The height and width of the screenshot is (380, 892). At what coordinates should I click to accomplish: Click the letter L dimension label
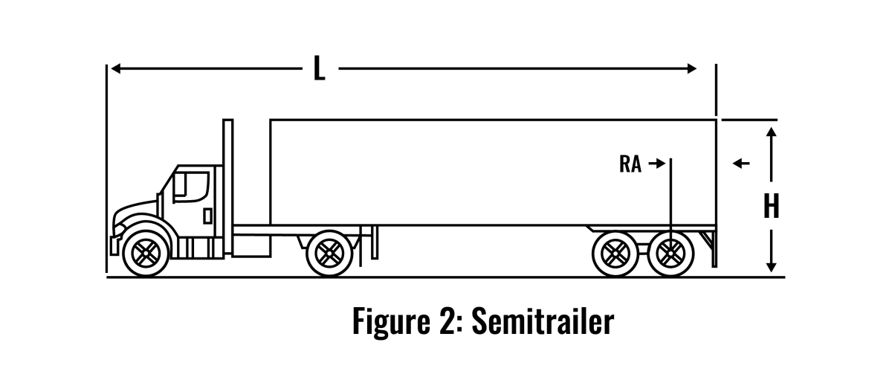[x=318, y=69]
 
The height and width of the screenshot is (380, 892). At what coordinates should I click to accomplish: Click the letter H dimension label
[x=772, y=207]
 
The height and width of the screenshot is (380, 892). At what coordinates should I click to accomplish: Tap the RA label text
[x=630, y=164]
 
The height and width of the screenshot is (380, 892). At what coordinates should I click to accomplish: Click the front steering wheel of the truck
[x=146, y=253]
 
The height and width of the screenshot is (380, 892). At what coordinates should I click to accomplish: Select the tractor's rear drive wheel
[x=328, y=253]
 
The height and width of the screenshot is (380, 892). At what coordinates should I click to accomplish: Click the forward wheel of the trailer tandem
[x=614, y=253]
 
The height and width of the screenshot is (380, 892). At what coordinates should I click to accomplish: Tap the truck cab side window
[x=190, y=185]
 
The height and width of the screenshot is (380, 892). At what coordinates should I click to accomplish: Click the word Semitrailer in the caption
[x=543, y=322]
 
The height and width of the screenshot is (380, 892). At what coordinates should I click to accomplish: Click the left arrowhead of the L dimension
[x=114, y=69]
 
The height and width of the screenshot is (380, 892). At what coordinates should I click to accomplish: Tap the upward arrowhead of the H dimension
[x=772, y=132]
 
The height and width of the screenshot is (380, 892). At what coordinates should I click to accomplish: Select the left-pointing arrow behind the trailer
[x=740, y=164]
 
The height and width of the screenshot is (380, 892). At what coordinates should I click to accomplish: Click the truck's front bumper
[x=114, y=242]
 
